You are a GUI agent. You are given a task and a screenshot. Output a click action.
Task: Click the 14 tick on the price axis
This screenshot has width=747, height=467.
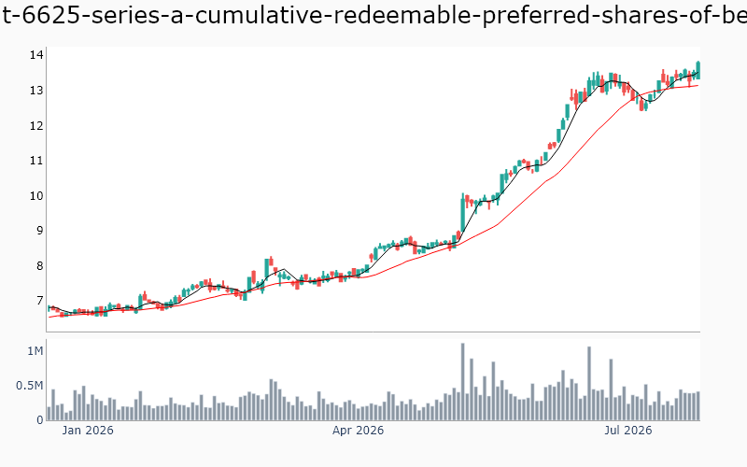[x=36, y=55]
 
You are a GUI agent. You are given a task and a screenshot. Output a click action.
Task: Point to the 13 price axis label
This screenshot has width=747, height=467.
[x=36, y=91]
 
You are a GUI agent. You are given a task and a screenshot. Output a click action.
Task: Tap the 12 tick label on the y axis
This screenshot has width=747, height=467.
[x=36, y=126]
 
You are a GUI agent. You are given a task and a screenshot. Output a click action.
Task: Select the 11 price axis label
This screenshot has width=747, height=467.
[x=36, y=161]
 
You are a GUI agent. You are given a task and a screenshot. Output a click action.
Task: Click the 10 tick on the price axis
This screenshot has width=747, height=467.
[x=36, y=196]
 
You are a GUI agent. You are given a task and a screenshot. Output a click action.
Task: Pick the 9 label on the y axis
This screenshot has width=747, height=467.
[x=39, y=231]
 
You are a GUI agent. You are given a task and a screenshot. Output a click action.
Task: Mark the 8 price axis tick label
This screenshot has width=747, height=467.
[x=39, y=266]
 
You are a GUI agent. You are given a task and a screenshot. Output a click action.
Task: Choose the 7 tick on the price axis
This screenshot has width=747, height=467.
[x=39, y=301]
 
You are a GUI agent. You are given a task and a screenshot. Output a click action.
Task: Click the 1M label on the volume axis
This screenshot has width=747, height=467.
[x=35, y=351]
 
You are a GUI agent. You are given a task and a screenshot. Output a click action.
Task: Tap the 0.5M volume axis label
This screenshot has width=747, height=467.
[x=30, y=386]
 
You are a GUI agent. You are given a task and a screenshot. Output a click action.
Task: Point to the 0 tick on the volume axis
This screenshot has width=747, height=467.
[x=40, y=420]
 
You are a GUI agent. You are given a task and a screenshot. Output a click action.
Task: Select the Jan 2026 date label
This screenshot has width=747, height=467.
[x=88, y=431]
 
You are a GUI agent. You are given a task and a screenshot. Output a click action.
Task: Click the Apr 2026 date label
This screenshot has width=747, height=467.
[x=358, y=431]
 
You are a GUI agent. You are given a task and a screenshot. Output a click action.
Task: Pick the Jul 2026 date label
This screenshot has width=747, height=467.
[x=627, y=431]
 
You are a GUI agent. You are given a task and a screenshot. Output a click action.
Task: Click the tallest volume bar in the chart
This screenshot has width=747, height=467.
[x=462, y=382]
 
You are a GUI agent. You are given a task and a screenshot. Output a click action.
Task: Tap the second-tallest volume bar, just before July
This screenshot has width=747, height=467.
[x=589, y=384]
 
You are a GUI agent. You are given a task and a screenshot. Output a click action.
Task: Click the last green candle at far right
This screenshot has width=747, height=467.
[x=698, y=70]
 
